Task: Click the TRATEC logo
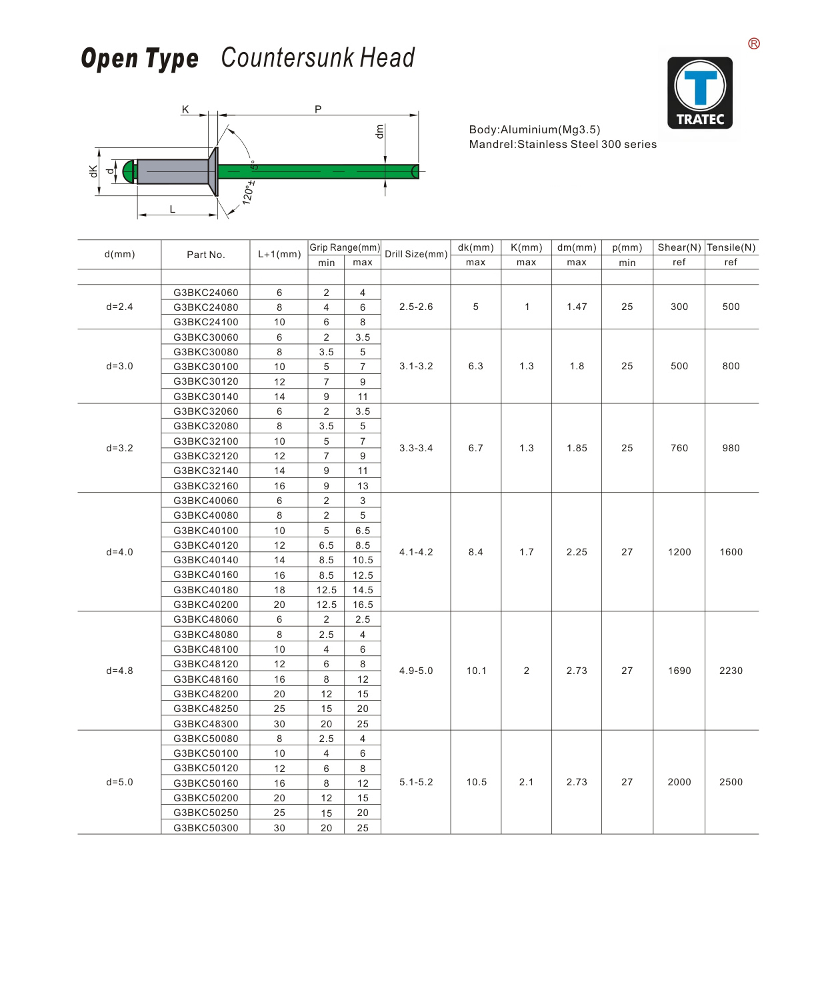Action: pyautogui.click(x=700, y=93)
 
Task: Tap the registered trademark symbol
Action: pyautogui.click(x=754, y=43)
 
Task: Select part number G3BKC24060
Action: pyautogui.click(x=205, y=292)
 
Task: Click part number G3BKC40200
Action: pyautogui.click(x=205, y=605)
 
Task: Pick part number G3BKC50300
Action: pyautogui.click(x=205, y=828)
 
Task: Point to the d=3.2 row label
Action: pyautogui.click(x=119, y=448)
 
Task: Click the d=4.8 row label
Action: pyautogui.click(x=119, y=671)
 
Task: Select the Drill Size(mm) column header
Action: pyautogui.click(x=416, y=254)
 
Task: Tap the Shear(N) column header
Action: pyautogui.click(x=679, y=247)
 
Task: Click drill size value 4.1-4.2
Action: pyautogui.click(x=416, y=552)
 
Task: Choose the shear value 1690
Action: pyautogui.click(x=679, y=671)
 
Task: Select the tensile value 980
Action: pyautogui.click(x=731, y=448)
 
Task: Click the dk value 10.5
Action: pyautogui.click(x=476, y=782)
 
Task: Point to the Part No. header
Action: pyautogui.click(x=205, y=255)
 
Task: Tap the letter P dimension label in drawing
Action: pyautogui.click(x=318, y=109)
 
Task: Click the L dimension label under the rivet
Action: pyautogui.click(x=172, y=209)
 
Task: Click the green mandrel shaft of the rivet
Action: pyautogui.click(x=313, y=171)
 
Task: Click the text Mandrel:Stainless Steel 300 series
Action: pyautogui.click(x=563, y=145)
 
